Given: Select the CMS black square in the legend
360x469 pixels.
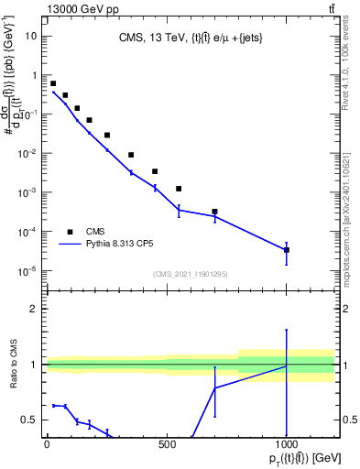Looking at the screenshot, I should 71,232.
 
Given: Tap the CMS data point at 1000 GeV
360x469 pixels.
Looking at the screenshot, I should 287,249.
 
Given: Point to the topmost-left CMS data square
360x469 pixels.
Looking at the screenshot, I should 53,83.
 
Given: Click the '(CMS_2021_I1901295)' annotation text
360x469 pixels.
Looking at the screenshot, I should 191,274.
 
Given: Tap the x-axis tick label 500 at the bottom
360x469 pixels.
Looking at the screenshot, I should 167,444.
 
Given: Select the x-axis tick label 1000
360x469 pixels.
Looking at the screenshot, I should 287,444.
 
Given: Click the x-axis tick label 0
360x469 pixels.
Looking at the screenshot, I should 47,444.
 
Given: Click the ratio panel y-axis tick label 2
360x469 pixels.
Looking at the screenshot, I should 35,309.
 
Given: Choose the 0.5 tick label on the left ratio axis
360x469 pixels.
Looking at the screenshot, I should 30,420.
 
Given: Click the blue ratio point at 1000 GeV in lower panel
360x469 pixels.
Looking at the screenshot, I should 287,365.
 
